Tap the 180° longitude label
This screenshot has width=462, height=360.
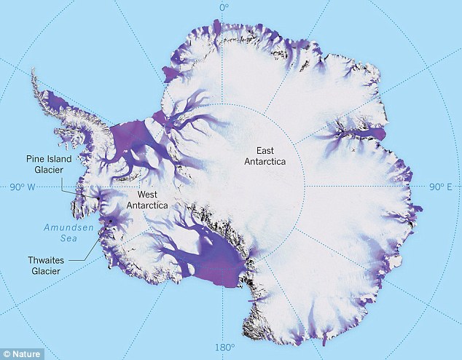[x=224, y=347]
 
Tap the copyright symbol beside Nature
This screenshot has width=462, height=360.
[x=7, y=353]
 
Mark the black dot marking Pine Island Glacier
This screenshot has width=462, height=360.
[x=97, y=197]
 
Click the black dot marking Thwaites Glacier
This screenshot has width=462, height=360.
[x=111, y=220]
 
